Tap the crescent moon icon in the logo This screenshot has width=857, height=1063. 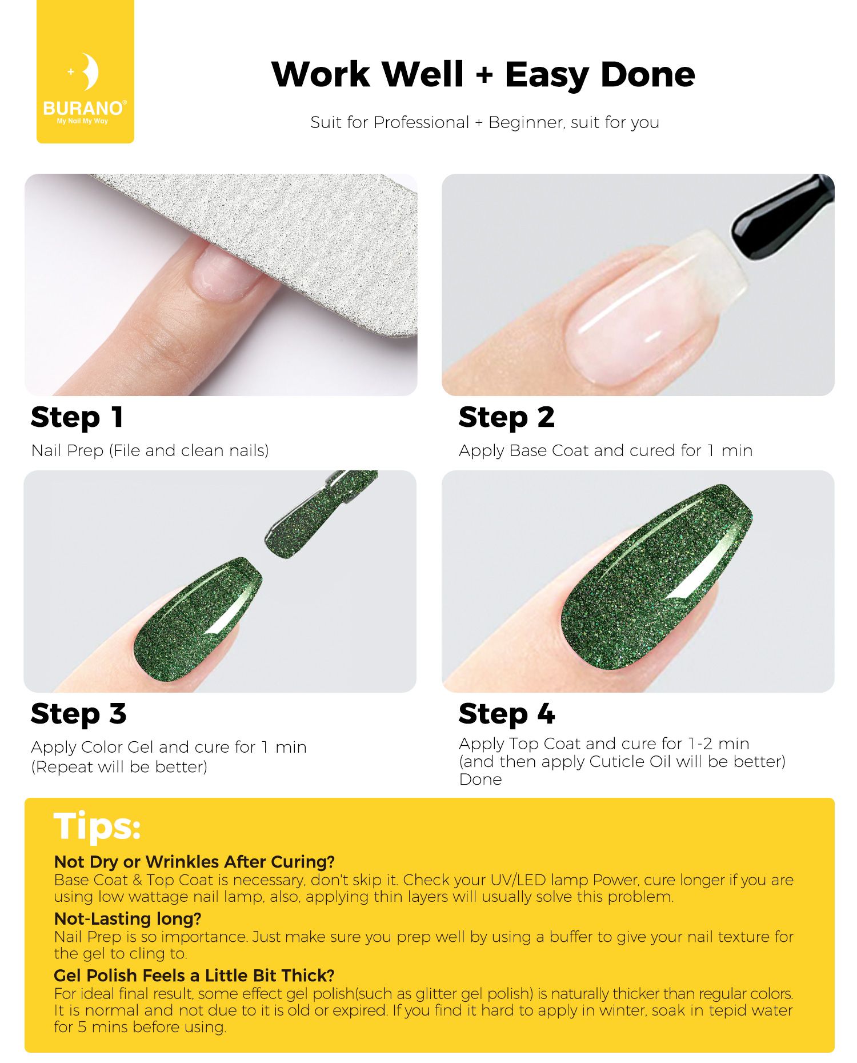(x=89, y=71)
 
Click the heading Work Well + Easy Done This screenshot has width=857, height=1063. (x=483, y=74)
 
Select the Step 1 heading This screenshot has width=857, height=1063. (x=77, y=417)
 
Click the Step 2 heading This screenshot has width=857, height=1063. (x=506, y=417)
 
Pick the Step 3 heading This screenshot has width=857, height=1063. (x=78, y=714)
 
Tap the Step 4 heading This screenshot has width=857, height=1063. (x=507, y=714)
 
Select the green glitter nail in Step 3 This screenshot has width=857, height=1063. (x=197, y=620)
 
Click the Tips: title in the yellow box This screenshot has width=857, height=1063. (x=97, y=826)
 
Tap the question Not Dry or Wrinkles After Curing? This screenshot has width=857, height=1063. (x=194, y=861)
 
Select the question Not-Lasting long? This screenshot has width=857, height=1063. (x=127, y=918)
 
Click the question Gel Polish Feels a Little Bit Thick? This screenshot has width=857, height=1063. (x=194, y=975)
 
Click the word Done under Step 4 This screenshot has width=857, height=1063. (x=480, y=780)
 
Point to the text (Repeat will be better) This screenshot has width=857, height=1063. (x=119, y=767)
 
